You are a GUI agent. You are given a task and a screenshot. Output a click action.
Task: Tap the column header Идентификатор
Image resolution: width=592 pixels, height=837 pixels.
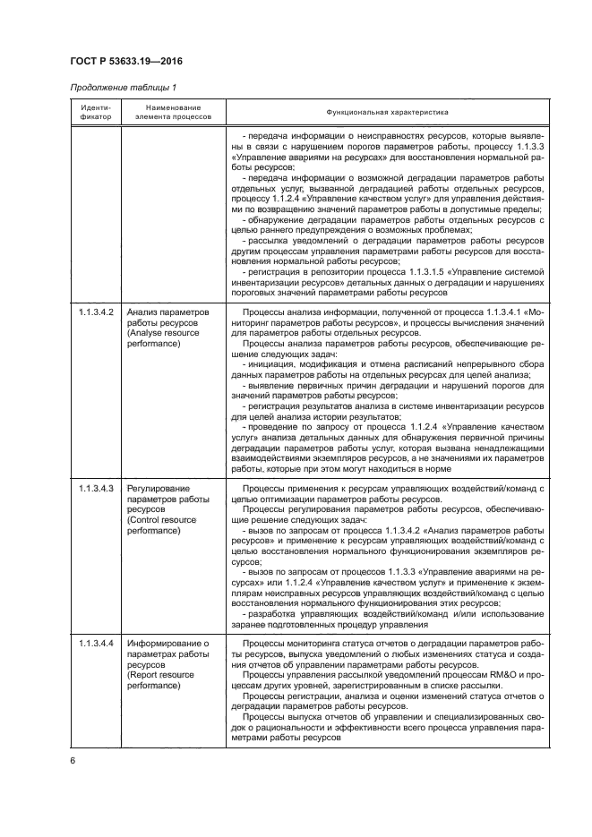89,111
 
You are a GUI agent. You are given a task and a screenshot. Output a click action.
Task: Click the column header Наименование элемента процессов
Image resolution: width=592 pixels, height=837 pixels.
173,111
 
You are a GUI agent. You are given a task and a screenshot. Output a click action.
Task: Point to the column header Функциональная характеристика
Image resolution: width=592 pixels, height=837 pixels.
387,111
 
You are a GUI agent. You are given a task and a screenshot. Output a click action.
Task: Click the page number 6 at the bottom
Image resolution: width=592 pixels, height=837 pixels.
72,760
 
